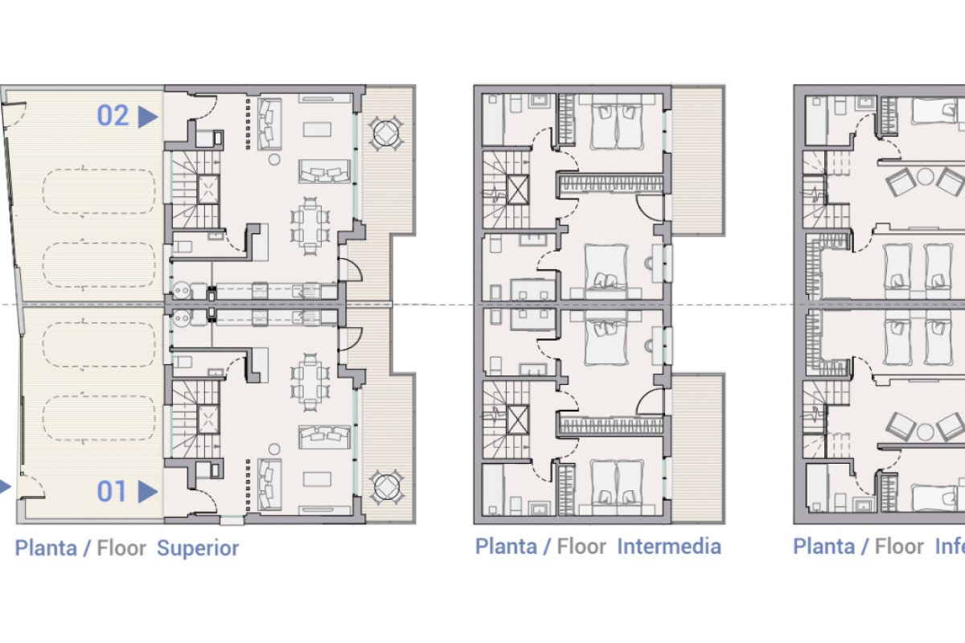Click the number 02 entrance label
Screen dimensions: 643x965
[x=113, y=116]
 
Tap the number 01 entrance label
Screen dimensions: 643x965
[x=113, y=491]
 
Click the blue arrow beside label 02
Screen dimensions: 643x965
[x=147, y=117]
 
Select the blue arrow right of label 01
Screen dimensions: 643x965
[x=147, y=492]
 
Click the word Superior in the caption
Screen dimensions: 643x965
[x=198, y=549]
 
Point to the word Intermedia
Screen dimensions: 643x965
[x=668, y=547]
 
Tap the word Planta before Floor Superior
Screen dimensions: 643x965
[x=46, y=549]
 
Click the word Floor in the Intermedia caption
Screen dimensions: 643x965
[x=581, y=547]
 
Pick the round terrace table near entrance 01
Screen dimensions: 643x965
[x=388, y=485]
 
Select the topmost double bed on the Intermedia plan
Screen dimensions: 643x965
[x=615, y=126]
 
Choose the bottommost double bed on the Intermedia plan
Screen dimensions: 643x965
[x=615, y=482]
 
